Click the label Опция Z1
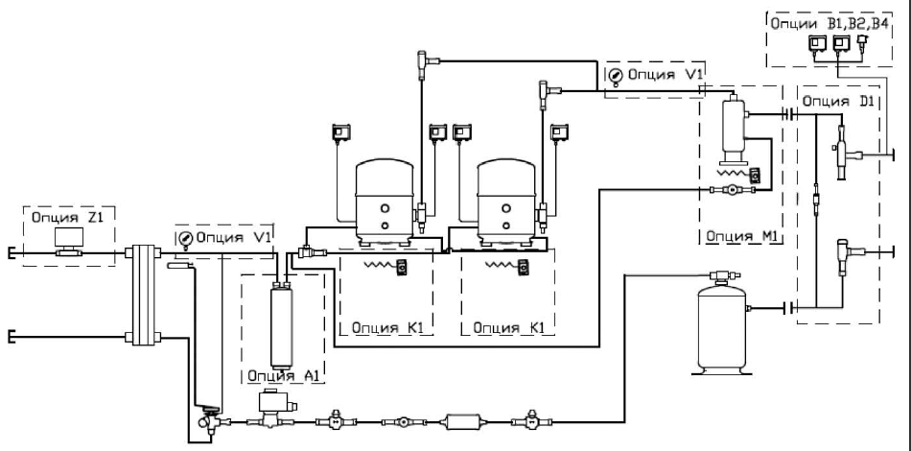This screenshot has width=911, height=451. click(x=65, y=218)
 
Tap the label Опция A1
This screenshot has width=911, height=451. click(x=284, y=375)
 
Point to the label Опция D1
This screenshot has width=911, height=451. click(x=838, y=101)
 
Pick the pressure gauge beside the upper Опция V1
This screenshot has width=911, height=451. click(x=615, y=76)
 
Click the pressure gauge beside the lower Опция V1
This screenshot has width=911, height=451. click(x=185, y=238)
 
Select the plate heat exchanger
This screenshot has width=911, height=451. click(x=143, y=295)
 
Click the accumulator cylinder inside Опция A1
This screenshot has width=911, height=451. click(x=282, y=325)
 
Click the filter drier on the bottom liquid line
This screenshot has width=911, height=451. click(x=462, y=421)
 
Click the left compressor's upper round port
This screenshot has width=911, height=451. click(x=385, y=208)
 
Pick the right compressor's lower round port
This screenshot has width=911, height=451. click(x=506, y=225)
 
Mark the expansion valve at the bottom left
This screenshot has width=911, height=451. click(x=207, y=419)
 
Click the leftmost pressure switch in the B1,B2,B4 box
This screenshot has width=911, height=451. click(x=816, y=42)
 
